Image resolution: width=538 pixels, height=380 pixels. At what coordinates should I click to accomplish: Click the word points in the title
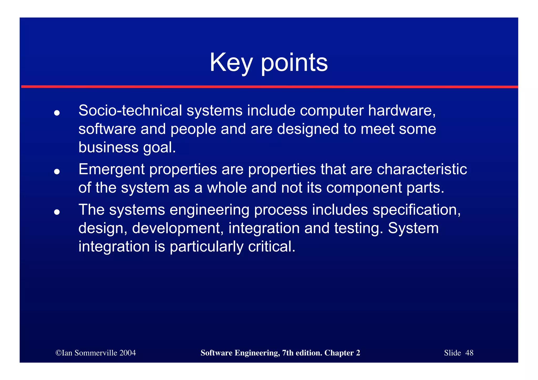[x=294, y=63]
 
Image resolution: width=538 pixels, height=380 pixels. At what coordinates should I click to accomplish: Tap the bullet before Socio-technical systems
[x=57, y=113]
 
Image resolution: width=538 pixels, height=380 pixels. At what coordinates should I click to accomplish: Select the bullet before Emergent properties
[x=57, y=172]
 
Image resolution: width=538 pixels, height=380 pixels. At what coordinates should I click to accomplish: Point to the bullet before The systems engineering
[x=57, y=212]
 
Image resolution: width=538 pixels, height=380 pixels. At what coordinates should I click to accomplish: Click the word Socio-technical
[x=130, y=111]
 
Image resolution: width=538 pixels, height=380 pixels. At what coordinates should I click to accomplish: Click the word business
[x=108, y=147]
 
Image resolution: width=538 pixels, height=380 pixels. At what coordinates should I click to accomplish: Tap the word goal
[x=159, y=148]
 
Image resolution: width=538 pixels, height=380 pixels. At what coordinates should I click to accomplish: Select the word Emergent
[x=111, y=169]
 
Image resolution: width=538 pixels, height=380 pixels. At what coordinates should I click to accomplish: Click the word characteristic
[x=422, y=169]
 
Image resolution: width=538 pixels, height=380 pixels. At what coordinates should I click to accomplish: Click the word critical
[x=272, y=247]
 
